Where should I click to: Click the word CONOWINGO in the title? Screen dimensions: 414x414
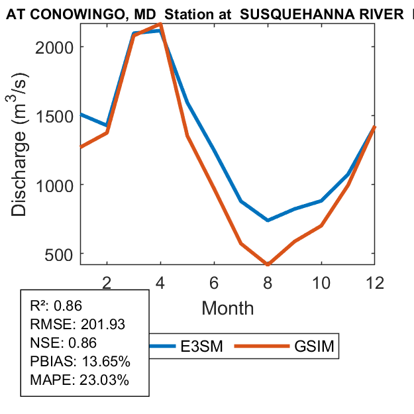tap(62, 14)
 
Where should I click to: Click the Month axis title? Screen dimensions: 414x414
tap(227, 307)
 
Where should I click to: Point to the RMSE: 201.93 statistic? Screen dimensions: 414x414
tap(78, 324)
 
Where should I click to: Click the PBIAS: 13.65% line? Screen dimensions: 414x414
tap(80, 362)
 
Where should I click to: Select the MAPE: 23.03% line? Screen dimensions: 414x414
tap(79, 380)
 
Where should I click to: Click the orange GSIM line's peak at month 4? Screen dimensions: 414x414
tap(160, 24)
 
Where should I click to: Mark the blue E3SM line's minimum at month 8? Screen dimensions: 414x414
tap(268, 220)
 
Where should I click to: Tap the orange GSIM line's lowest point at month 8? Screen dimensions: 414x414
tap(268, 264)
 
